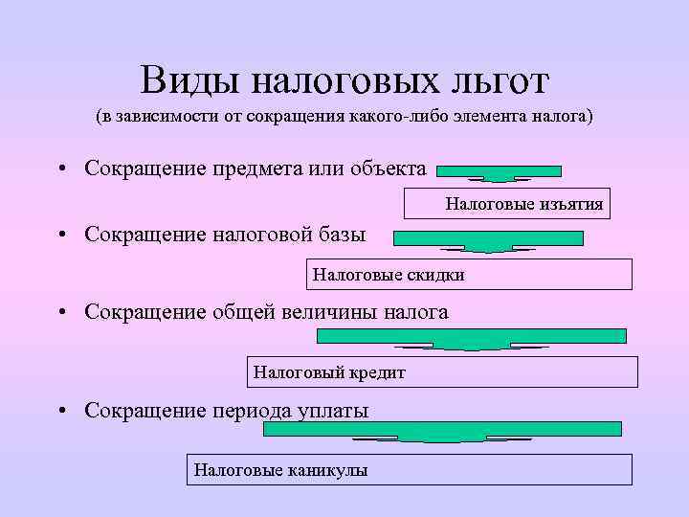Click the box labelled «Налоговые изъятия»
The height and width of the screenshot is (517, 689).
(x=508, y=204)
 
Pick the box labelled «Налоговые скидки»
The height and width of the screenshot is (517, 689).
(x=469, y=275)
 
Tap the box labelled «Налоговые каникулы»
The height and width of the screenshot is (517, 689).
(x=409, y=469)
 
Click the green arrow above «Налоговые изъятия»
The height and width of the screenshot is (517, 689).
(x=499, y=172)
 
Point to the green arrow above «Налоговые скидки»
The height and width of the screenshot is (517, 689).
(x=487, y=240)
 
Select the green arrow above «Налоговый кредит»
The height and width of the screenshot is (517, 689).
(x=471, y=338)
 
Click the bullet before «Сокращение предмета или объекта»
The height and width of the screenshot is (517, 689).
(x=60, y=169)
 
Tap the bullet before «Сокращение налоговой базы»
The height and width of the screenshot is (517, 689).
(x=60, y=235)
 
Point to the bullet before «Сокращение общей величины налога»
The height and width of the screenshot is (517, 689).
(x=60, y=313)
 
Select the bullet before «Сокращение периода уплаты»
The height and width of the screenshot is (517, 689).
(x=60, y=412)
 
